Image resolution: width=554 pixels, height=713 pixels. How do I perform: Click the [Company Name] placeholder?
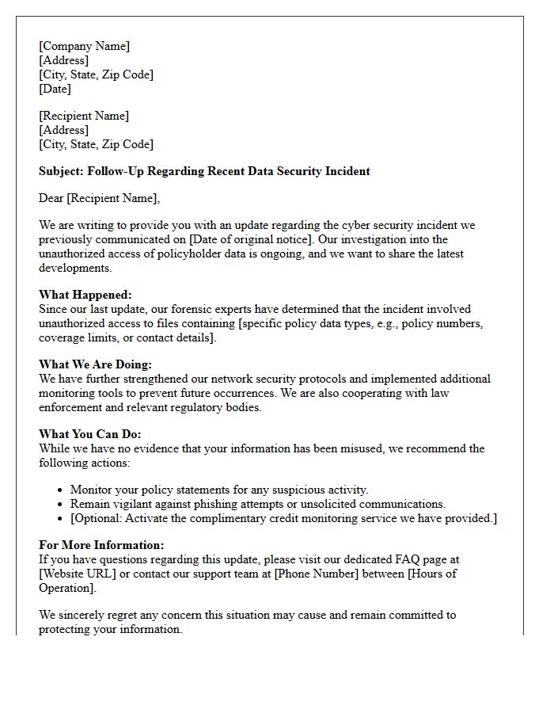85,46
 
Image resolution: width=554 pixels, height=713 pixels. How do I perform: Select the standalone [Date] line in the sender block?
55,89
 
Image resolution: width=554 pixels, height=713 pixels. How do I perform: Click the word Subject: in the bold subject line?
61,171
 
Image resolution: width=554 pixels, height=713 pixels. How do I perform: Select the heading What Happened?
85,295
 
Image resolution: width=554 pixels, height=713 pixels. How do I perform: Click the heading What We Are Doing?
95,364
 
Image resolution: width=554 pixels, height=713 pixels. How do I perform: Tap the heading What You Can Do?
89,434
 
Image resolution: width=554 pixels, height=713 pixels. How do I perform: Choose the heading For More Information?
101,545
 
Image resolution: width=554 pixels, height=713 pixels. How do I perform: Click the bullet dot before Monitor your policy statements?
61,490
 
